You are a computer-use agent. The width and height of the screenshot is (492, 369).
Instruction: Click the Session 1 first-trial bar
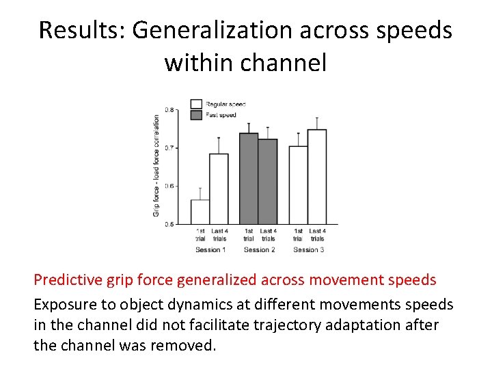tap(200, 212)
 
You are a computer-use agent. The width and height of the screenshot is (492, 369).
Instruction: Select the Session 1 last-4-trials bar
tap(219, 189)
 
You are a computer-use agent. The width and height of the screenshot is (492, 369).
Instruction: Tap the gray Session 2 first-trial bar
tap(249, 178)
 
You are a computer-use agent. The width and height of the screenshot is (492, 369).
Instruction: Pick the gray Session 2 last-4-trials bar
tap(268, 182)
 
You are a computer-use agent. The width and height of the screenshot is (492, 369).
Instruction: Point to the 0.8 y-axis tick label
tap(169, 109)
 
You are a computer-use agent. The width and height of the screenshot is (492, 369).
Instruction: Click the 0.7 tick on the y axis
tap(169, 148)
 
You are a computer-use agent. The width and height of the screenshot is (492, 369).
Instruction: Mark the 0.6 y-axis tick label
tap(169, 186)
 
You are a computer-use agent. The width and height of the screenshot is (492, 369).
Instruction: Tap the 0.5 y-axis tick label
tap(169, 224)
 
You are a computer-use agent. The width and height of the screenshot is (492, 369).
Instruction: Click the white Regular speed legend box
tap(196, 104)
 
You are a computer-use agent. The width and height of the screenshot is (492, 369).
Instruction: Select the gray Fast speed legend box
tap(196, 115)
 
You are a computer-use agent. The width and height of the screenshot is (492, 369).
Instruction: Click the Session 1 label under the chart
tap(209, 250)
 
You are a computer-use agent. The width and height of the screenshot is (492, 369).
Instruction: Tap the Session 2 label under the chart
tap(258, 250)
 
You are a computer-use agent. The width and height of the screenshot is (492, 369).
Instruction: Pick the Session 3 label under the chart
tap(308, 250)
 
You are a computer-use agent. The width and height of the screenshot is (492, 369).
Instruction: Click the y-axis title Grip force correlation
tap(156, 166)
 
